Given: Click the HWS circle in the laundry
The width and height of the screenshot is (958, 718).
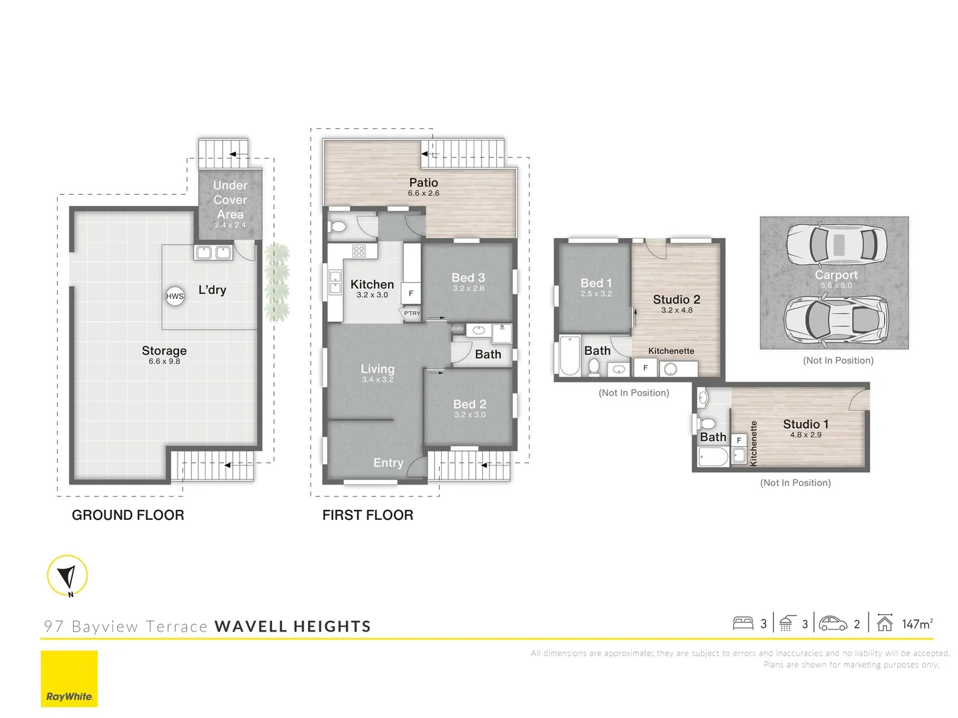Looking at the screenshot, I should pos(175,297).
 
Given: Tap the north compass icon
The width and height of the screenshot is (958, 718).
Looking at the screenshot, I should pos(67,576).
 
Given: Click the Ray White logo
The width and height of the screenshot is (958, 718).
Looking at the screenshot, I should pos(69,679).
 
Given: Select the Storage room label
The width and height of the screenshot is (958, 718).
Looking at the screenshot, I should pos(164,351).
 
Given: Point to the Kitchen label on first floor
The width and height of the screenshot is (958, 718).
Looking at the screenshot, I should pos(372,285).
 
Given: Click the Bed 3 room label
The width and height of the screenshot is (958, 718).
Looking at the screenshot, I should pos(468,278).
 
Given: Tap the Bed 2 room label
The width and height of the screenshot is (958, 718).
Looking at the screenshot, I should pos(470,404).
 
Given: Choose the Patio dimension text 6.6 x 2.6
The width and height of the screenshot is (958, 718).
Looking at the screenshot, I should pos(424,193).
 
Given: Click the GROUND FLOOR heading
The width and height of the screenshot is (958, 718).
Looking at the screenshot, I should pos(128,515).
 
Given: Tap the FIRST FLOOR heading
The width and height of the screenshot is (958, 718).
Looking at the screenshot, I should pos(367,515).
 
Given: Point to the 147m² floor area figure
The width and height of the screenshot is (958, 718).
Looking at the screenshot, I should pos(917,624).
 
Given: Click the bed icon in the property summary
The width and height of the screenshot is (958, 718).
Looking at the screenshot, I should pos(742,624).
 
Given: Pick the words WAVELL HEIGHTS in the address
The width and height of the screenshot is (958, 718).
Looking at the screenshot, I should pos(293,626).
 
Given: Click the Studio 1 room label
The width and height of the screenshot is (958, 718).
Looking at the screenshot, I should pos(806,424).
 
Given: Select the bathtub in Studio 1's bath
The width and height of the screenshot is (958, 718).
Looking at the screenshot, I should pos(713,457).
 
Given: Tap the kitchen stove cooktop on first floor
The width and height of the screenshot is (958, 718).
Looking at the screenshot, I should pos(359,251).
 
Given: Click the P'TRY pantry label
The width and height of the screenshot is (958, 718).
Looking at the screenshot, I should pos(412,313).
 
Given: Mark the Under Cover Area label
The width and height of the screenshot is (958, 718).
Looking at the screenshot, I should pos(230,199).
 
